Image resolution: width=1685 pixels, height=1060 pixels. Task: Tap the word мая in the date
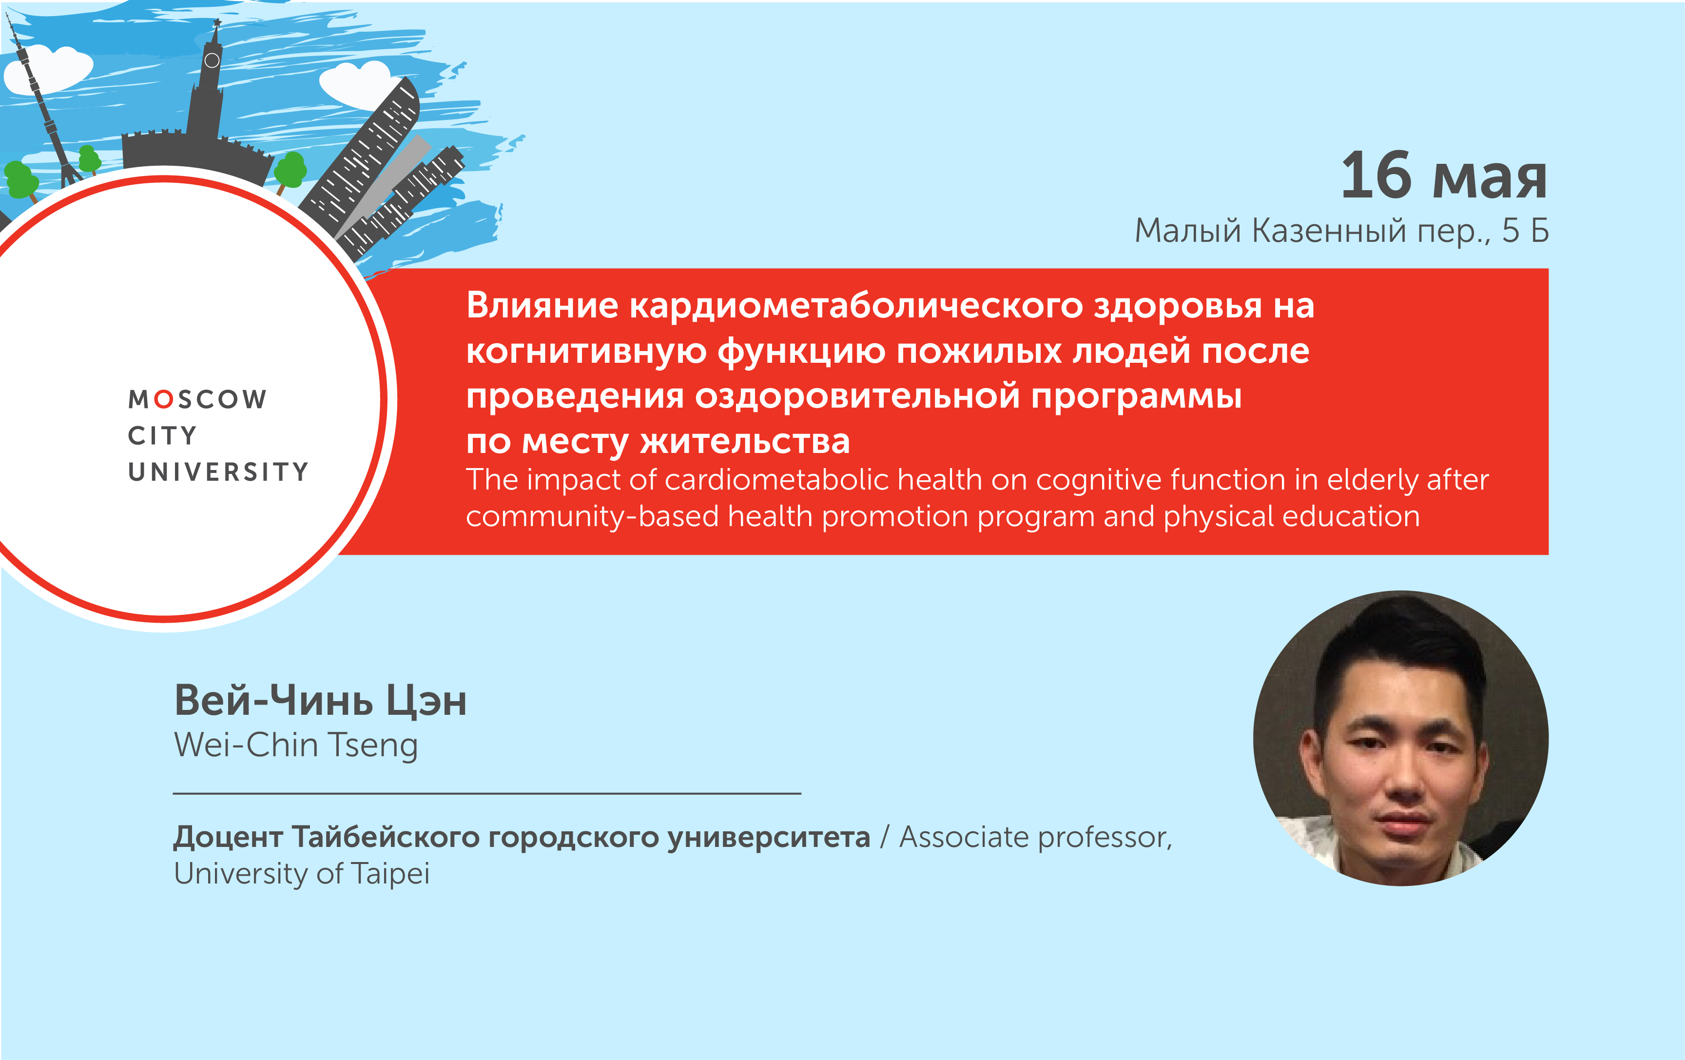1489,178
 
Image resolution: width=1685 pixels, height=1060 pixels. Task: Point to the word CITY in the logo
162,435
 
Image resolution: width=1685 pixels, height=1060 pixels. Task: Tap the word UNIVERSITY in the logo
217,472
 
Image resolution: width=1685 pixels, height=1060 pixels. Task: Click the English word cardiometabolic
775,480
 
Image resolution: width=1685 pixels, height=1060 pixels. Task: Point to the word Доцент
228,837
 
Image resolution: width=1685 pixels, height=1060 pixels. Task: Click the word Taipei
390,874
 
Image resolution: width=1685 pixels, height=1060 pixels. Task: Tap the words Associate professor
1035,837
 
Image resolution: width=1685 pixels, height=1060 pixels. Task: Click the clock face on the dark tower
212,61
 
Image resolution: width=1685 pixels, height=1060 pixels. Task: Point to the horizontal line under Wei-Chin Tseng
486,793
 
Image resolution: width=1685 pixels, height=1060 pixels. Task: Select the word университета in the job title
768,837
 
